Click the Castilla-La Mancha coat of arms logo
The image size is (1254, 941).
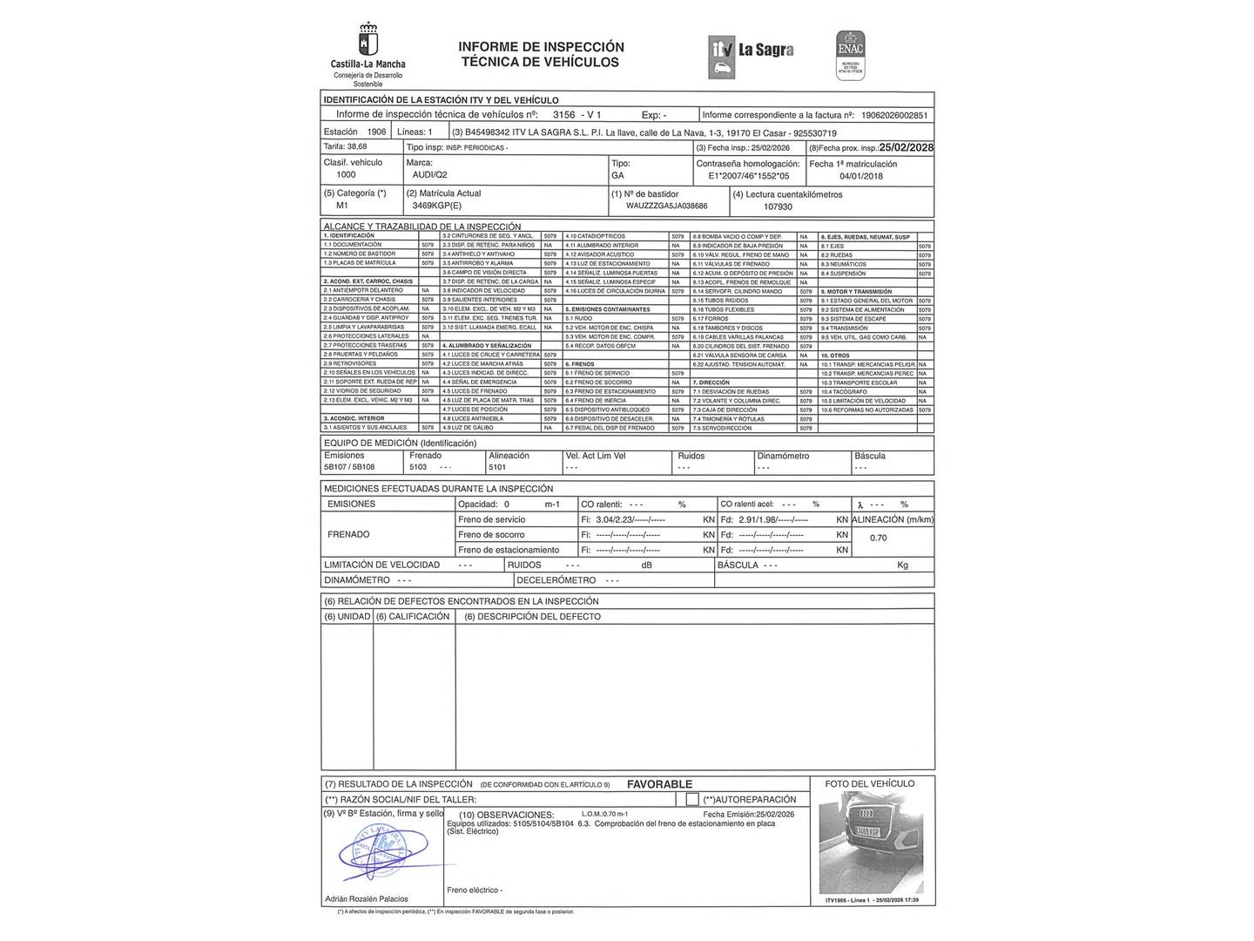point(367,41)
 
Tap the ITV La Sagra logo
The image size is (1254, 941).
point(752,51)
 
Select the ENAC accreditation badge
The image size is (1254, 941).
point(850,55)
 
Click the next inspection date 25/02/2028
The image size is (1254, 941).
point(906,148)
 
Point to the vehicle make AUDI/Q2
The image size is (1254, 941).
point(430,175)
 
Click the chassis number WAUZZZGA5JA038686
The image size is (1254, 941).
point(666,206)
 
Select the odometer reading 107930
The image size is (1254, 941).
point(778,207)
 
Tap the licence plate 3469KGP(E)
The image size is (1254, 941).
point(438,206)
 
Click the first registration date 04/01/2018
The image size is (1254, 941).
point(861,176)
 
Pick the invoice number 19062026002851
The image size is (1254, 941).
point(893,115)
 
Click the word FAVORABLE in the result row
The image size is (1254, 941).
point(659,784)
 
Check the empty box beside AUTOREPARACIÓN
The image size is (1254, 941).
point(691,799)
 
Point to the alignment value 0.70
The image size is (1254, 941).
point(878,538)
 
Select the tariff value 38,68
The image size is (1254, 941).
point(357,147)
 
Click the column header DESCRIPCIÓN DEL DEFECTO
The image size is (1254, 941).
point(532,617)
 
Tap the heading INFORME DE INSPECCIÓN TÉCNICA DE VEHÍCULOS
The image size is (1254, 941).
point(541,54)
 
